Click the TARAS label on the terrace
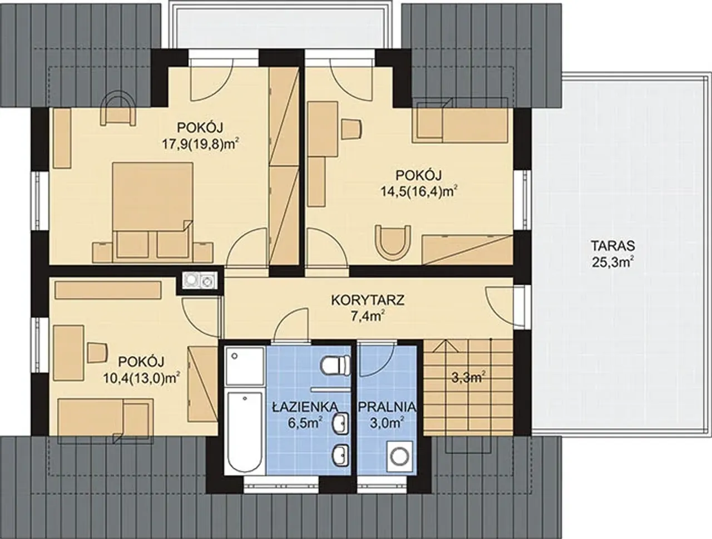[x=612, y=246]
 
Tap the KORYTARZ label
[x=368, y=300]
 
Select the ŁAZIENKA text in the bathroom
[x=305, y=407]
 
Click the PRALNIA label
[x=387, y=407]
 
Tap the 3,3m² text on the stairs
[x=468, y=378]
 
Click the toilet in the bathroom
[x=335, y=364]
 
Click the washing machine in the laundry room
[x=399, y=457]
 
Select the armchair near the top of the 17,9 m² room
[x=117, y=108]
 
